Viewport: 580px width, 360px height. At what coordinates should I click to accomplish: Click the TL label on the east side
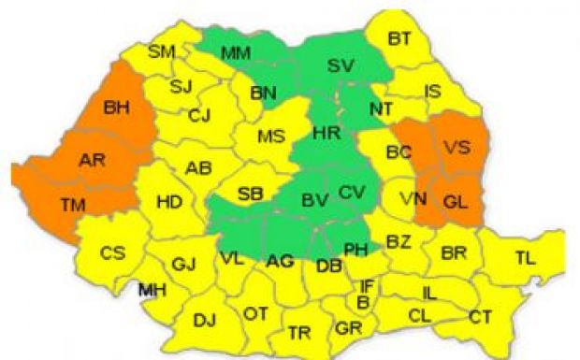[526, 258]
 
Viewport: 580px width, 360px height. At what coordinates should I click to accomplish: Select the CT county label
[480, 318]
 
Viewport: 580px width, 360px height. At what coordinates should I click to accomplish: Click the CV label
[351, 192]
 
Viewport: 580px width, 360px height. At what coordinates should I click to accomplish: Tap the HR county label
[326, 134]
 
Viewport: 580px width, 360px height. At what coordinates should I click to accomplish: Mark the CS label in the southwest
[112, 252]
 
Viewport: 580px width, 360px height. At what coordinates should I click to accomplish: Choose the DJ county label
[204, 321]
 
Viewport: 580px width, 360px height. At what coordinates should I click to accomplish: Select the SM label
[162, 50]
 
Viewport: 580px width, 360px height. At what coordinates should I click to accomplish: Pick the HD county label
[169, 201]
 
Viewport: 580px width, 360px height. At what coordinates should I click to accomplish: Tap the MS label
[270, 137]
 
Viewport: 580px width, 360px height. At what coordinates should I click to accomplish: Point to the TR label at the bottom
[299, 332]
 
